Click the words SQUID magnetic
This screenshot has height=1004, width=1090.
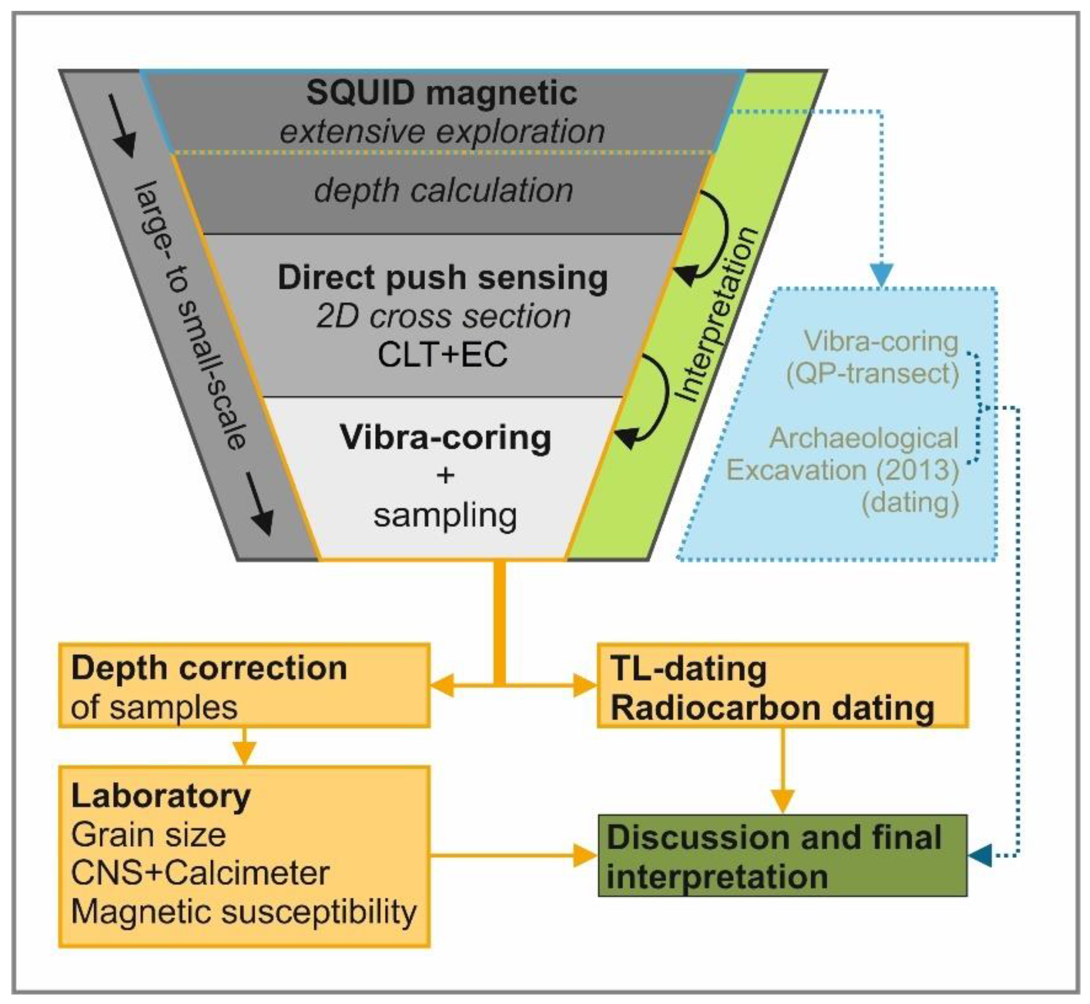pyautogui.click(x=441, y=93)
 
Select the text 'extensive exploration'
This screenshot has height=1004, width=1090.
pyautogui.click(x=441, y=132)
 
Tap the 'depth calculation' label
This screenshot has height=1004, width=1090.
pyautogui.click(x=443, y=191)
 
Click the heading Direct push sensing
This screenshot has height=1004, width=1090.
pyautogui.click(x=443, y=278)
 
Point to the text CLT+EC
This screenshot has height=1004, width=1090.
pyautogui.click(x=443, y=355)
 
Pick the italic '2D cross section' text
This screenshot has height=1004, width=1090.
pyautogui.click(x=443, y=316)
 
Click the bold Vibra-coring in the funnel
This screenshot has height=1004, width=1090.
pyautogui.click(x=445, y=438)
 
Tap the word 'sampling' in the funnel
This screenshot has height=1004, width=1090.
pyautogui.click(x=445, y=515)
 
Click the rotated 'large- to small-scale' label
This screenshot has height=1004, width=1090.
pyautogui.click(x=190, y=315)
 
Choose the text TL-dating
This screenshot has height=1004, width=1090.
pyautogui.click(x=689, y=668)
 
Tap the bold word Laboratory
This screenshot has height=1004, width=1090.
pyautogui.click(x=161, y=796)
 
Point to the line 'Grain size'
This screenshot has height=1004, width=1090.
pyautogui.click(x=148, y=834)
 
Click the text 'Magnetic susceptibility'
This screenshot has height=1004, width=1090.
pyautogui.click(x=244, y=912)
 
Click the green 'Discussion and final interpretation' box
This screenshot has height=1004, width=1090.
pyautogui.click(x=782, y=856)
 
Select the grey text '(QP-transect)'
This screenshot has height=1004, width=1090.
pyautogui.click(x=872, y=374)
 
